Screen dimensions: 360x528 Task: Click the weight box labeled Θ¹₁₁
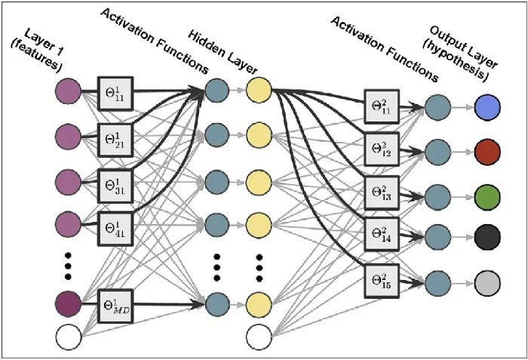click(x=115, y=94)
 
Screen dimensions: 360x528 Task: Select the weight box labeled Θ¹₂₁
click(x=115, y=138)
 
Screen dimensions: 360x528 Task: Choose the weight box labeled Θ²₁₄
click(x=382, y=235)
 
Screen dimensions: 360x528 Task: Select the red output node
click(x=488, y=153)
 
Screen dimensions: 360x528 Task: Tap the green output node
click(x=488, y=196)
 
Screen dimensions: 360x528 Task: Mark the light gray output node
click(x=488, y=284)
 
